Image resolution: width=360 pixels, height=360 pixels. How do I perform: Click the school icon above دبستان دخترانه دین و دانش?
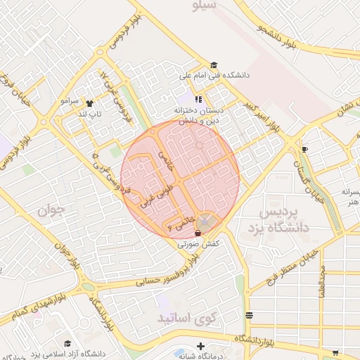[199, 100]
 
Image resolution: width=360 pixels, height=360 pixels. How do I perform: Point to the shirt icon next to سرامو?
[89, 101]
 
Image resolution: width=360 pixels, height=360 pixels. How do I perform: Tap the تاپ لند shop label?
[89, 113]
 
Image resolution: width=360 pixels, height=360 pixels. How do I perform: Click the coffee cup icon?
[304, 149]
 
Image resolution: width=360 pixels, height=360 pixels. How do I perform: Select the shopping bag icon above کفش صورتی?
[198, 232]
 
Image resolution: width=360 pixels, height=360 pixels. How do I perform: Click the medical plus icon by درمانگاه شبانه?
[201, 347]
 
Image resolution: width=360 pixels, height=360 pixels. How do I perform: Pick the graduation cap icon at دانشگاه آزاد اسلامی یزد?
[67, 344]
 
